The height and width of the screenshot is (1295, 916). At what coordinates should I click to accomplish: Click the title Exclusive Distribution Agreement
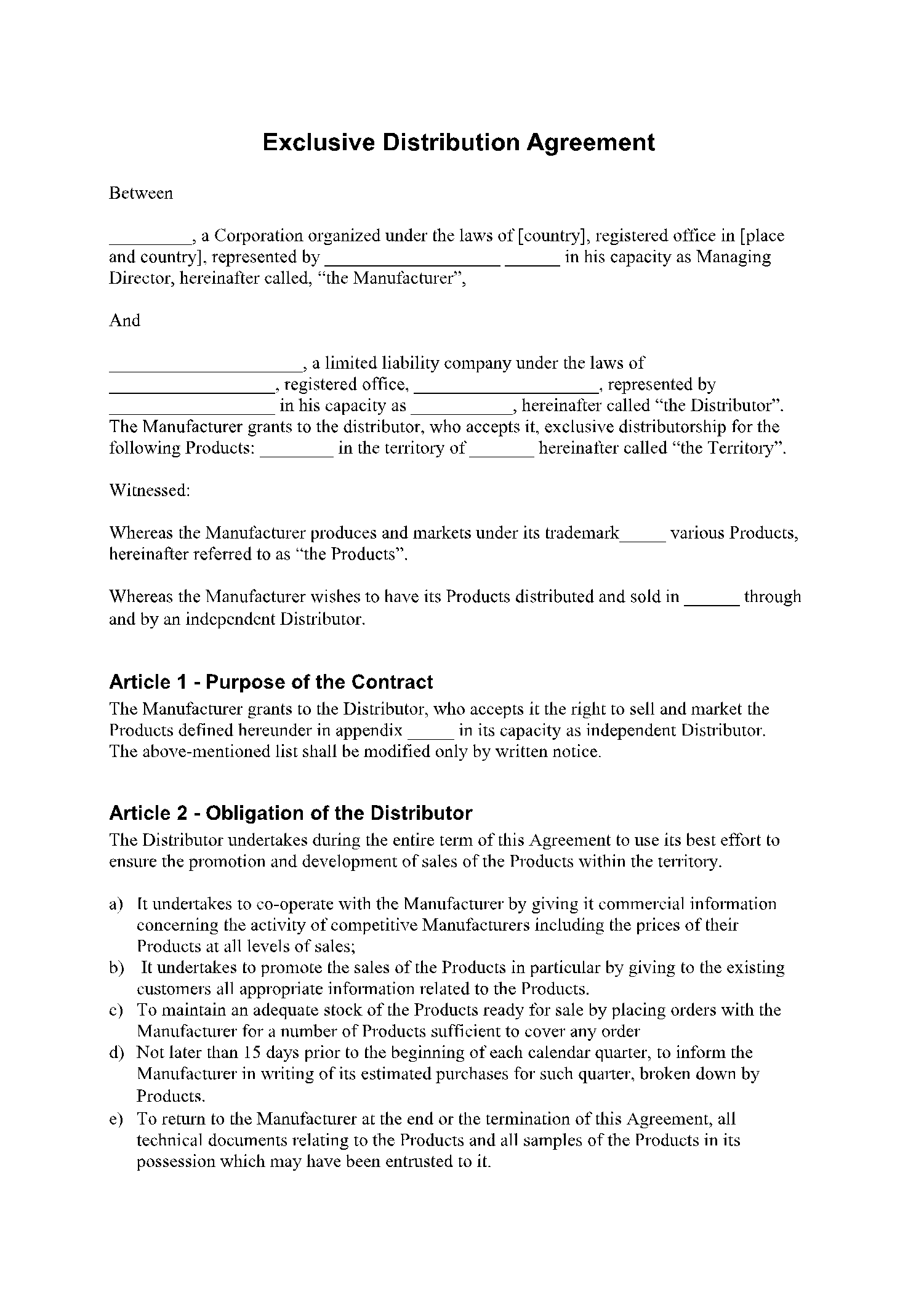458,143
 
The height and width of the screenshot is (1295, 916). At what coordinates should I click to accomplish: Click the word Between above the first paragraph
141,193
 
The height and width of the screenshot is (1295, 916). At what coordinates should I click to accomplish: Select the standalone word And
124,321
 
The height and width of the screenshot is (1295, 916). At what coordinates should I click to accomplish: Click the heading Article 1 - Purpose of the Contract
271,682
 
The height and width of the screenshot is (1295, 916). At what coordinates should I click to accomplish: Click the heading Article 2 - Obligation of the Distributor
291,813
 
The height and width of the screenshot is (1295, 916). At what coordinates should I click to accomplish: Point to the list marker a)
116,904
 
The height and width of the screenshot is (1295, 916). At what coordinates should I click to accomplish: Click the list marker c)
116,1010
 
